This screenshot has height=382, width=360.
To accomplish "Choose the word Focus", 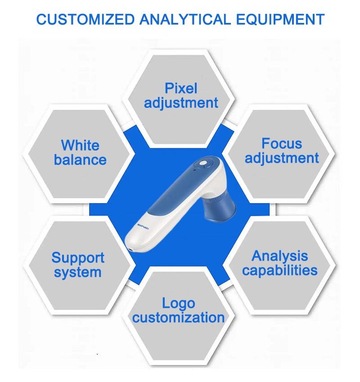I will [x=282, y=143].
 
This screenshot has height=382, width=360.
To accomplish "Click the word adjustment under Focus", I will [x=282, y=158].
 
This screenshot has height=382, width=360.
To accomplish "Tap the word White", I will [x=80, y=145].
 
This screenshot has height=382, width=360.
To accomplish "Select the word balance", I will [x=80, y=160].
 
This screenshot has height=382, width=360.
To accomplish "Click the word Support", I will [x=77, y=258].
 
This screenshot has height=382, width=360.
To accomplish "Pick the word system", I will [x=77, y=272].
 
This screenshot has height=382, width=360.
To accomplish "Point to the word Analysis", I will [x=279, y=256].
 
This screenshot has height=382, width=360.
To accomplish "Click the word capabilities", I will [x=279, y=270].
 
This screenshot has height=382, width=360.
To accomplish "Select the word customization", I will [x=179, y=318].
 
